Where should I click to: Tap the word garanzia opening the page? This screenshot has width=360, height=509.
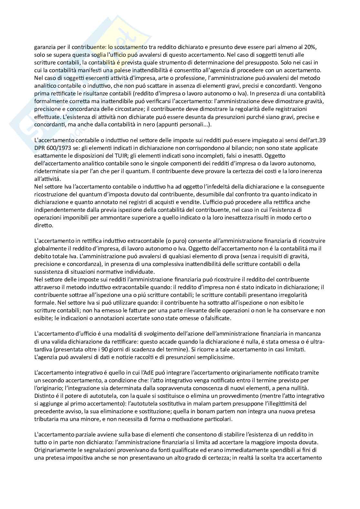[x=45, y=47]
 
